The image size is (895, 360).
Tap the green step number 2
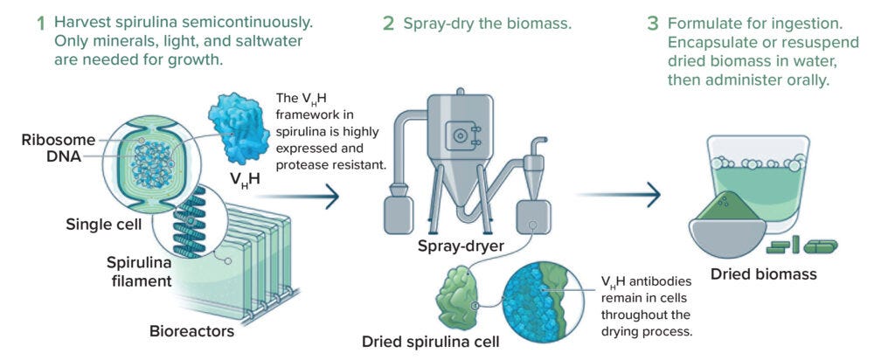pyautogui.click(x=388, y=24)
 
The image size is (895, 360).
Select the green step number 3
pyautogui.click(x=652, y=24)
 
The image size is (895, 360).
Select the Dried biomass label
pyautogui.click(x=763, y=273)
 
